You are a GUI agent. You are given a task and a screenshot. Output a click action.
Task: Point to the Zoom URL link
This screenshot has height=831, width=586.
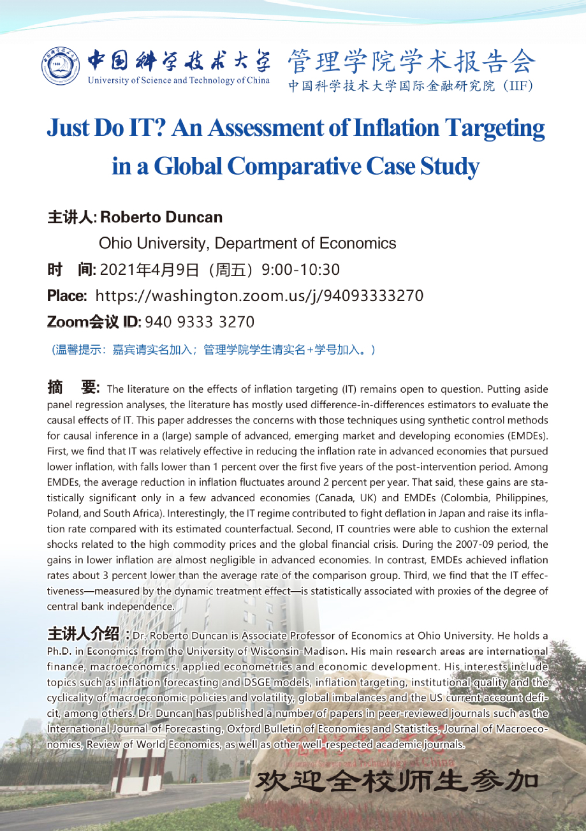click(x=259, y=296)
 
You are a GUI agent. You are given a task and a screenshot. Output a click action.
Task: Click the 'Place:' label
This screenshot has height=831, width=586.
click(x=68, y=296)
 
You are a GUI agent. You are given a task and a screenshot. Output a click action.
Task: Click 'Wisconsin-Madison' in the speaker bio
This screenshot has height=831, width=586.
click(x=304, y=651)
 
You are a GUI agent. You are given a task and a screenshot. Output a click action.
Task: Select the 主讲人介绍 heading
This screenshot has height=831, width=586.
click(x=89, y=636)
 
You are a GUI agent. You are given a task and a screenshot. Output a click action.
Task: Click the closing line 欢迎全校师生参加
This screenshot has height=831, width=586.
click(x=396, y=781)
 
